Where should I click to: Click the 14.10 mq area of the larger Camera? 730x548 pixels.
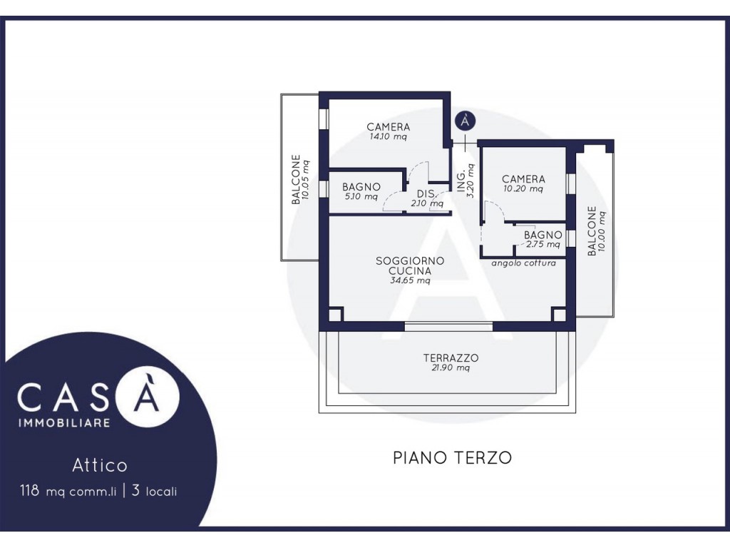click(389, 137)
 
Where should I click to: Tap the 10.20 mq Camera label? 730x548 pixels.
click(523, 179)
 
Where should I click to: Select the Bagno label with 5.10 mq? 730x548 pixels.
click(361, 187)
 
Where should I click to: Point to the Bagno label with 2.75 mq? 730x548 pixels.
click(543, 235)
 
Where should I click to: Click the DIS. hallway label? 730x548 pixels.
click(426, 194)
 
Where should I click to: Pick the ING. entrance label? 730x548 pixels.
click(461, 181)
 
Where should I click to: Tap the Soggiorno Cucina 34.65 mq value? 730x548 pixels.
click(410, 280)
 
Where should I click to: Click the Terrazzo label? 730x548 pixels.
click(451, 358)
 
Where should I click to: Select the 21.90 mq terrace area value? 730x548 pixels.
click(451, 367)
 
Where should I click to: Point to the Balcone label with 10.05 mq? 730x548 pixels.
click(296, 179)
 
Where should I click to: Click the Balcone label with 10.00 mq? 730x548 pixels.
click(592, 231)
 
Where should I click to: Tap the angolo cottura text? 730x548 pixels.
click(524, 263)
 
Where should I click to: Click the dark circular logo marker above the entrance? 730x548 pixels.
click(465, 121)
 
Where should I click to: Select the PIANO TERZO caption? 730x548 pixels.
click(453, 457)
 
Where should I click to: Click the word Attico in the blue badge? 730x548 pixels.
click(100, 465)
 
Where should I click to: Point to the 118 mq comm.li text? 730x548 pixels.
click(68, 491)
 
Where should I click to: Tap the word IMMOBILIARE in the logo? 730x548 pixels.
click(64, 422)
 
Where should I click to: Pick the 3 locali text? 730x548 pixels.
click(155, 491)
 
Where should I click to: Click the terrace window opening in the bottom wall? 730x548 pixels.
click(449, 326)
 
